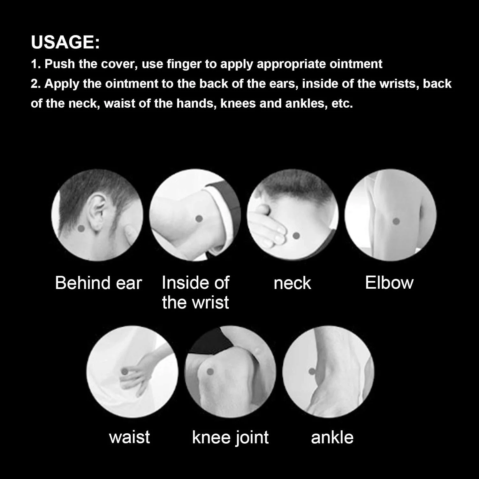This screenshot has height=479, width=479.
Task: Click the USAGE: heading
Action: (65, 42)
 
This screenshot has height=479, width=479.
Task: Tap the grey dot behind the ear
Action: (81, 228)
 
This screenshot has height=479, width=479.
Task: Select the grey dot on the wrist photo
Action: (199, 219)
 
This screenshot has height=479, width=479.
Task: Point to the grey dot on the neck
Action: (296, 236)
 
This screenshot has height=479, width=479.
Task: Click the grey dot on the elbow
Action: (396, 221)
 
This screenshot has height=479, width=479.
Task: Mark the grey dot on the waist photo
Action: (124, 371)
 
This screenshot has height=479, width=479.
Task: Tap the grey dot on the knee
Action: (210, 371)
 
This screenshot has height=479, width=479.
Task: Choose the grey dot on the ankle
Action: (312, 371)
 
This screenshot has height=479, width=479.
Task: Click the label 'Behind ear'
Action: (98, 283)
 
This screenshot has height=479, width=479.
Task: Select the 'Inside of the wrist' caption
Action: (195, 293)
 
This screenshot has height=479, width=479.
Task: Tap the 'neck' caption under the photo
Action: (292, 284)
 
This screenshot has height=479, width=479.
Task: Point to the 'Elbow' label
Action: (389, 283)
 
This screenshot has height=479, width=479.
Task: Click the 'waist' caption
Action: (129, 437)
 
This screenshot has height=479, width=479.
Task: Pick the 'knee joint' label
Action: (230, 437)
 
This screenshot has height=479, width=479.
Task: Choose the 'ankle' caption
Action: (332, 437)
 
